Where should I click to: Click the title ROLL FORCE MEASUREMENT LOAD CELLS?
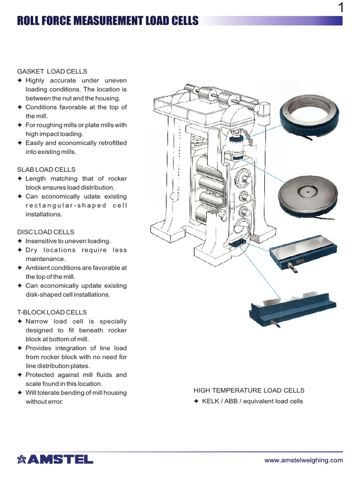point(107,21)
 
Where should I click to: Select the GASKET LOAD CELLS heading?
point(52,71)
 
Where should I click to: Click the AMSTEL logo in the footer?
point(55,459)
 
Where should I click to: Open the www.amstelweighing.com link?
point(303,460)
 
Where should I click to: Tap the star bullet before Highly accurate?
point(20,81)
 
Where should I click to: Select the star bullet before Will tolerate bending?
point(20,393)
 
